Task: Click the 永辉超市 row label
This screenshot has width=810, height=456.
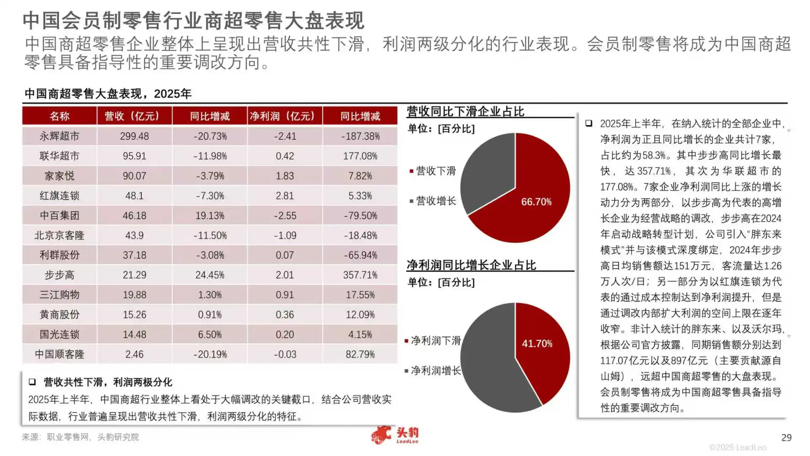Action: click(59, 136)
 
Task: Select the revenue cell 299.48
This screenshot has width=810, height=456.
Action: click(134, 136)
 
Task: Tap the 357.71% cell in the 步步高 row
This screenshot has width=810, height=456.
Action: click(360, 275)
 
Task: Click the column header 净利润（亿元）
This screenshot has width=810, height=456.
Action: click(285, 116)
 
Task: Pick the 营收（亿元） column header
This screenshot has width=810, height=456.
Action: click(134, 116)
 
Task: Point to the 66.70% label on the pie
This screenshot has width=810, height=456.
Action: click(536, 202)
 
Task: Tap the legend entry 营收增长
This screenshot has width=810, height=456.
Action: click(435, 201)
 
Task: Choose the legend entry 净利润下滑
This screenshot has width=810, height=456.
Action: click(435, 340)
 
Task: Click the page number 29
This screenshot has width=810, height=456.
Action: click(786, 437)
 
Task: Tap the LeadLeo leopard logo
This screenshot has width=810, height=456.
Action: click(382, 435)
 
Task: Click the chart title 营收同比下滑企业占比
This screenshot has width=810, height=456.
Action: click(465, 111)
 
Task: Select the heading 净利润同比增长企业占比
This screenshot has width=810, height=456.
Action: click(471, 265)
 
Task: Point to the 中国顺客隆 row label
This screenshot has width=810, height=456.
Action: click(59, 354)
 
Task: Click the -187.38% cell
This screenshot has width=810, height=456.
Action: click(360, 136)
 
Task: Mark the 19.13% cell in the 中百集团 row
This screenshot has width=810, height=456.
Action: click(210, 215)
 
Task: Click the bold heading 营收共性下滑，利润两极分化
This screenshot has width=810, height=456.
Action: click(108, 382)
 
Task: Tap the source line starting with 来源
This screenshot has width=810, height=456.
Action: click(80, 437)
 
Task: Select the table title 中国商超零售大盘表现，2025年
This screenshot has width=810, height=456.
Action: click(108, 93)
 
